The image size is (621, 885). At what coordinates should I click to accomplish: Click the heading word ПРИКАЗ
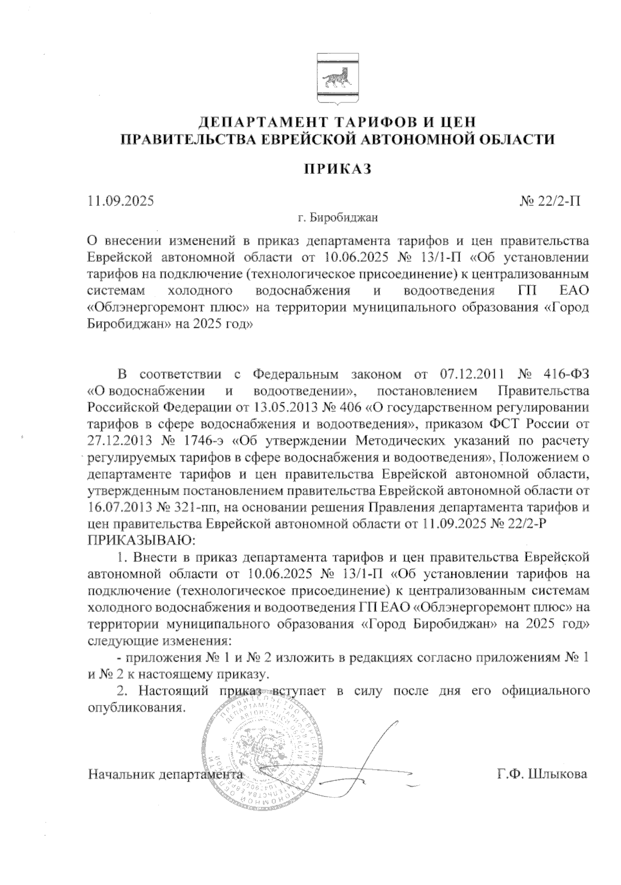[x=337, y=169]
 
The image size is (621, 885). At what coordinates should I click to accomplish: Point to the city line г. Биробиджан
[x=338, y=218]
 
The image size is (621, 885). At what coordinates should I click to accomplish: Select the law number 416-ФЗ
[x=564, y=374]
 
